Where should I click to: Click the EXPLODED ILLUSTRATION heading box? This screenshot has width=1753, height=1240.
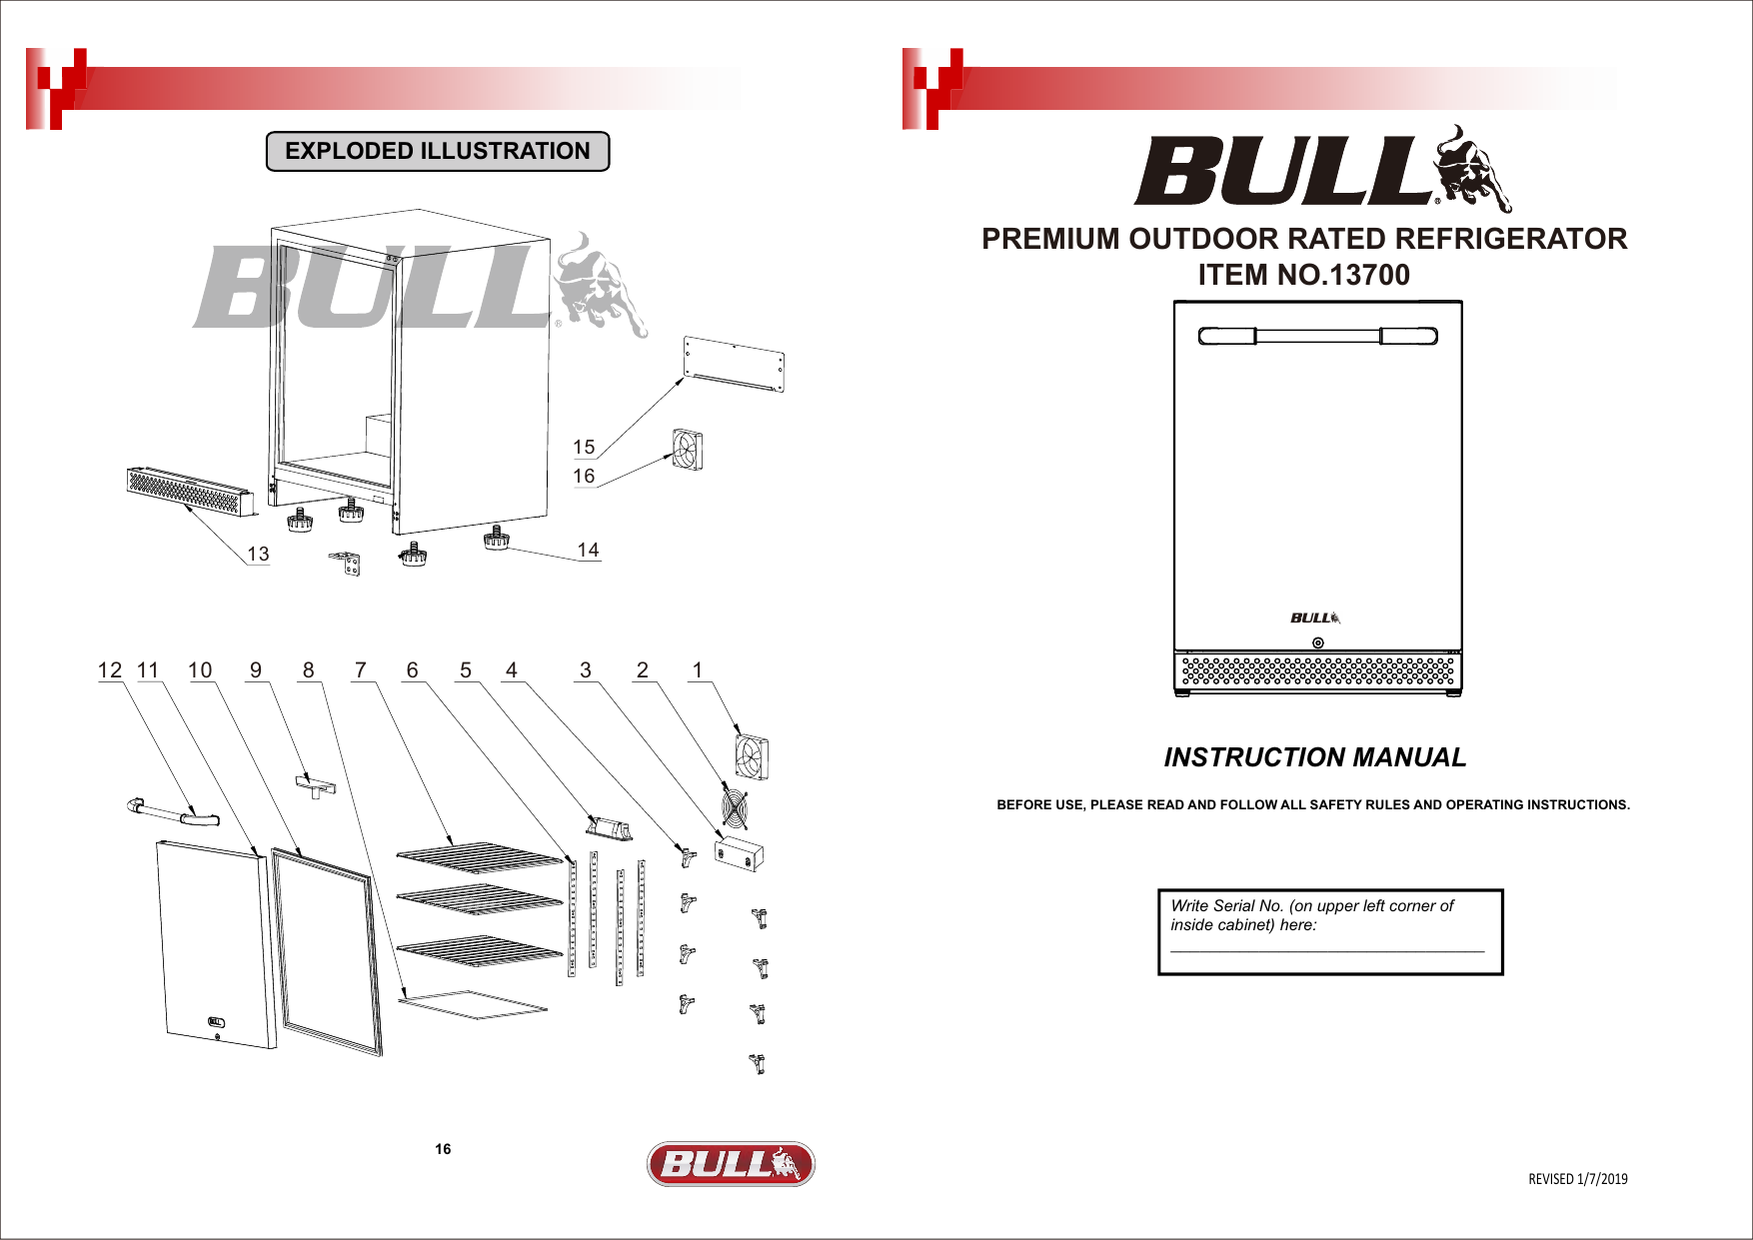[438, 151]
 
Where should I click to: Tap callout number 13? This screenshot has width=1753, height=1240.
[258, 554]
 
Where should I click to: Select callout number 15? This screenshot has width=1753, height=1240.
[584, 447]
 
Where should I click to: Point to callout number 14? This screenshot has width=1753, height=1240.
[588, 550]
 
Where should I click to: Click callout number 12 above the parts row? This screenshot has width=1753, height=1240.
[110, 670]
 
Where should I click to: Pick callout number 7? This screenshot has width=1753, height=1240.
[361, 670]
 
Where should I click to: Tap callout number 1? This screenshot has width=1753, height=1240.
[698, 670]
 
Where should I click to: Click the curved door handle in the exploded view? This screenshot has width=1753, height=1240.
[174, 812]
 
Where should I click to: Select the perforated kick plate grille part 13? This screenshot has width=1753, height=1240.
[187, 490]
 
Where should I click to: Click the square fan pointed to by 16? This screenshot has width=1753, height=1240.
[688, 449]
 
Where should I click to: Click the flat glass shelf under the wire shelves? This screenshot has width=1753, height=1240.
[473, 1003]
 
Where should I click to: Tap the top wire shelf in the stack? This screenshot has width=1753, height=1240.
[480, 856]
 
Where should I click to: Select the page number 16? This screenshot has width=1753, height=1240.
[443, 1149]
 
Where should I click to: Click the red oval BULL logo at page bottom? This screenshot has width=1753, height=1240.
[731, 1164]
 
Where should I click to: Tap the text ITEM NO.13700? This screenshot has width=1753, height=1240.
[1303, 275]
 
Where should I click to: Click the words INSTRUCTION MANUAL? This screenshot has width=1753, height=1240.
[1314, 757]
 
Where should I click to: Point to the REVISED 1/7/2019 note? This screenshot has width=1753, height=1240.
[1577, 1179]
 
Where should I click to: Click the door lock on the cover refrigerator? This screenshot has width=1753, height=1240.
[1317, 642]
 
